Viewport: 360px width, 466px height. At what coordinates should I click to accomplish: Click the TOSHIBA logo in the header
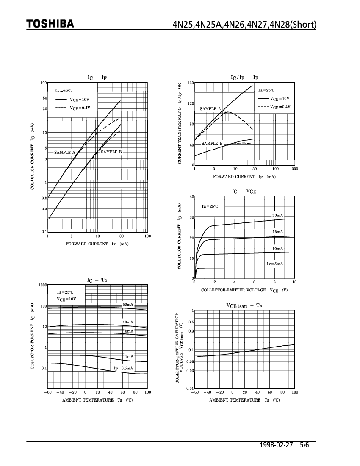(50, 24)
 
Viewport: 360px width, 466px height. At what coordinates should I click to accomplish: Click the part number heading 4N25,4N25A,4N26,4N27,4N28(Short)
(244, 24)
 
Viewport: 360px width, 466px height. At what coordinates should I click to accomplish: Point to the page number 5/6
(304, 446)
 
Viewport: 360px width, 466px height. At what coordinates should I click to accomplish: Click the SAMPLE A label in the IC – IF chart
(64, 152)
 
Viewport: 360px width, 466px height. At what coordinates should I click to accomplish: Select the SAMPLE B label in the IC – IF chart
(111, 152)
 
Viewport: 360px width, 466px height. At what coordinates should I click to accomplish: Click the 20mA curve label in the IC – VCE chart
(277, 216)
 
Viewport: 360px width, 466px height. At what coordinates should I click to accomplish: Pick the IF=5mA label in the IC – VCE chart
(274, 264)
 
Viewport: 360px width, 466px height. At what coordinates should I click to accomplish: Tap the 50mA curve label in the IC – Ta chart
(128, 305)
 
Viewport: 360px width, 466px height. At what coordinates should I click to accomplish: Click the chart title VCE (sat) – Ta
(244, 305)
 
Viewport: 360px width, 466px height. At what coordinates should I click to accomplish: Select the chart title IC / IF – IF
(244, 78)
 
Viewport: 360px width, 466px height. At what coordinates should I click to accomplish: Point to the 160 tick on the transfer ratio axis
(190, 83)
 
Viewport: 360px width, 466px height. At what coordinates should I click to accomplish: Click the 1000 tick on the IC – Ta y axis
(42, 285)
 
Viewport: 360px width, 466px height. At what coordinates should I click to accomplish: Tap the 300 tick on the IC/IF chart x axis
(294, 169)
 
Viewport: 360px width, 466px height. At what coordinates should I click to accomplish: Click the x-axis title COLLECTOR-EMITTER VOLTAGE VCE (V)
(244, 290)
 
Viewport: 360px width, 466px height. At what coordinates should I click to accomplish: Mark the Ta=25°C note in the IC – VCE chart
(209, 206)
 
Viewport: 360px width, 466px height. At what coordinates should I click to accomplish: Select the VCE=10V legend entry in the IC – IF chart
(80, 100)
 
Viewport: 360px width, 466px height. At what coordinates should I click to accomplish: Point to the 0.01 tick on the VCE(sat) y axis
(191, 388)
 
